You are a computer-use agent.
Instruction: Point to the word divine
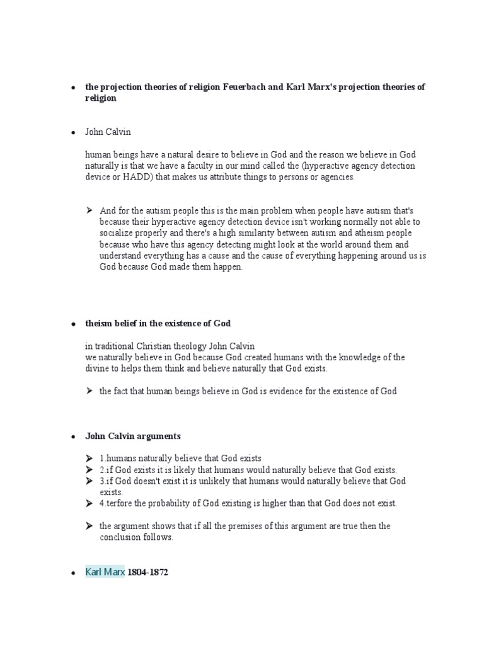(99, 368)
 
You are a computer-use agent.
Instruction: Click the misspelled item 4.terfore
(118, 503)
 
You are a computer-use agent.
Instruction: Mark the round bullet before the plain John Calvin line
(74, 132)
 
